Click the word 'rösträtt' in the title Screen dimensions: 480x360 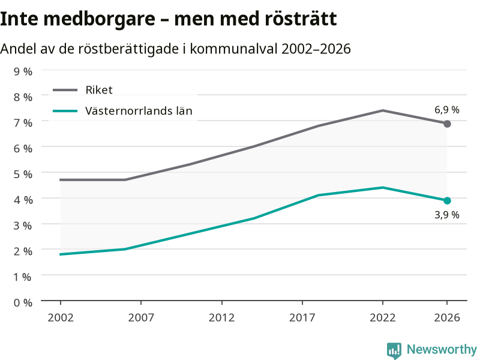pos(301,19)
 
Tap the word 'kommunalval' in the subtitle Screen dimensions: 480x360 pos(233,49)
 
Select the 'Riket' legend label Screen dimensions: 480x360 pos(99,90)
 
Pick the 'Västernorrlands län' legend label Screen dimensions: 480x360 pos(139,111)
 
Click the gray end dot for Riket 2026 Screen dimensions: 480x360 pos(447,124)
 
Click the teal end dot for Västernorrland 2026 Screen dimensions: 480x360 pos(447,200)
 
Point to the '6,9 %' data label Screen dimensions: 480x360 pos(447,110)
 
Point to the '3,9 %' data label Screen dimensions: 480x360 pos(447,215)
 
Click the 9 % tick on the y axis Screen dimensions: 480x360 pos(23,71)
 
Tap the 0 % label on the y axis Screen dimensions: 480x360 pos(23,303)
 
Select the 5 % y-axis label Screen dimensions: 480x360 pos(23,174)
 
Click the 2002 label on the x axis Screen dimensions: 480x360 pos(61,318)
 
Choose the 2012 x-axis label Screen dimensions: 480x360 pos(221,318)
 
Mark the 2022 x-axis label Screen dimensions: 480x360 pos(383,318)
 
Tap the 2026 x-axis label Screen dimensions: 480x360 pos(447,318)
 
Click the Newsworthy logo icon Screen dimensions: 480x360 pos(394,350)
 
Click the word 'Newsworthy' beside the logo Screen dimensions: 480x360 pos(442,349)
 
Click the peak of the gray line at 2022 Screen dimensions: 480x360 pos(383,110)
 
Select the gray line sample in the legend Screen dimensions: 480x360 pos(65,90)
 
